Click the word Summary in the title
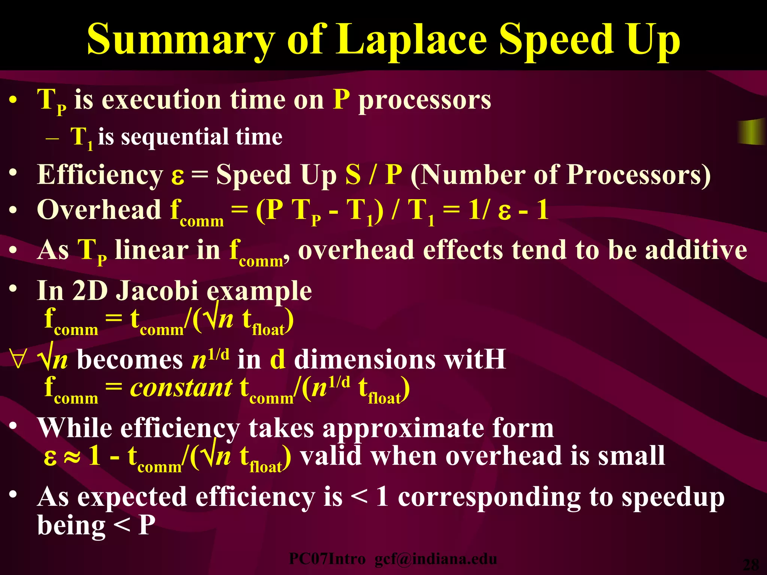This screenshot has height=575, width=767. (x=181, y=39)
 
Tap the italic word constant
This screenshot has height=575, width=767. (x=181, y=387)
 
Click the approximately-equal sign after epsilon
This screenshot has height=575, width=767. (x=72, y=457)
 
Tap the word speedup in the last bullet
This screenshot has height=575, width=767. (x=673, y=498)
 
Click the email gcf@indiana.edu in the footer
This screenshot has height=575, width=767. (x=436, y=559)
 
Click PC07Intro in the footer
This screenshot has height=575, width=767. (x=327, y=559)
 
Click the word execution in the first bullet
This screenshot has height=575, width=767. (x=161, y=100)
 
